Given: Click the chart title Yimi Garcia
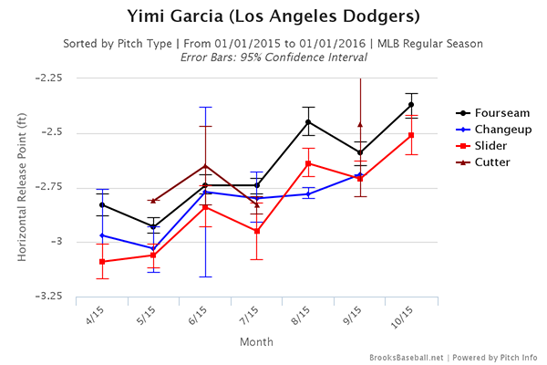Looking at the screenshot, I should pos(273,16).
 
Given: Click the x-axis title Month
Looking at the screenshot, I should pos(256,341).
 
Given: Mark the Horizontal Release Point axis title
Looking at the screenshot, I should pos(22,187).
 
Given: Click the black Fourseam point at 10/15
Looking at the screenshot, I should pos(411,105).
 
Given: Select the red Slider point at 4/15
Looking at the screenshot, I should pos(102,262).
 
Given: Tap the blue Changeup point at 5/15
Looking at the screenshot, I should pos(153,248).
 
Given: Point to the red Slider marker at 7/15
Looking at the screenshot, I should pos(257,231).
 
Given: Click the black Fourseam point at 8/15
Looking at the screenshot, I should pos(308,122).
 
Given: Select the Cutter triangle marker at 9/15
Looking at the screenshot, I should pos(360,124).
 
